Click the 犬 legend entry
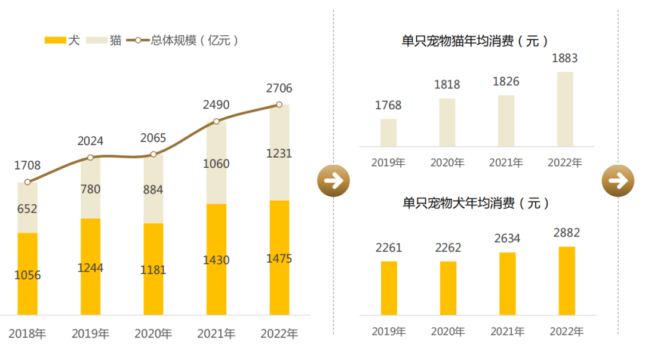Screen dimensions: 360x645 62,41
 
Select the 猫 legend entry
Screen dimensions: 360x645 104,41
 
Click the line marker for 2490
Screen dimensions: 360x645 216,121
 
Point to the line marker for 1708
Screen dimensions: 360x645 27,182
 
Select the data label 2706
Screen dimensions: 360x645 279,88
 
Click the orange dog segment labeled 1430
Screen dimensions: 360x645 216,260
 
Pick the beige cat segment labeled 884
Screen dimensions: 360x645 153,189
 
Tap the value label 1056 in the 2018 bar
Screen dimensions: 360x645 27,275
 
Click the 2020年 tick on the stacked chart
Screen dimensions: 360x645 153,334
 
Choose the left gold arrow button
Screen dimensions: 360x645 333,180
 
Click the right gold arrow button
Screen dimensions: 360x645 618,180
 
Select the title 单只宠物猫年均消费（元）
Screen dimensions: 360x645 475,41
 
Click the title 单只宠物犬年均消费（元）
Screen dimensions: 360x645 475,203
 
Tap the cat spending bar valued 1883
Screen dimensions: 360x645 565,109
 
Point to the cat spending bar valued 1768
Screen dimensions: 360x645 388,133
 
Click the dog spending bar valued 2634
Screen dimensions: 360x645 507,284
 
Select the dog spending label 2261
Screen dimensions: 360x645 388,247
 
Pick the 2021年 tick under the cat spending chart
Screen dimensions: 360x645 506,162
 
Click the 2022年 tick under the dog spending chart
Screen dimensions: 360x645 566,331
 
